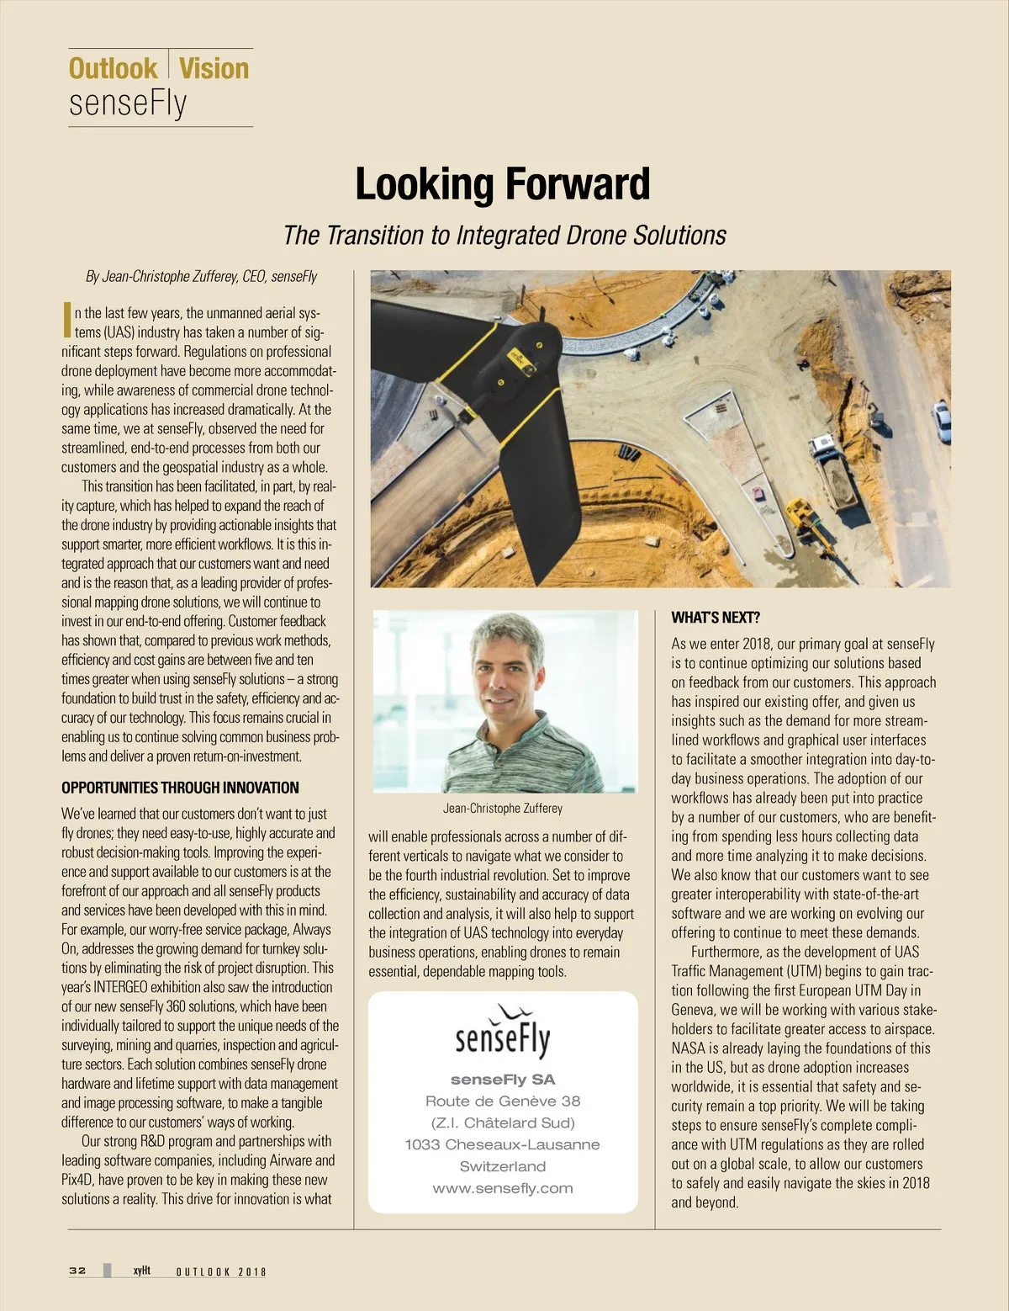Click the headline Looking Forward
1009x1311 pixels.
click(503, 184)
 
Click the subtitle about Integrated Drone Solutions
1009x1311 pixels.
click(504, 235)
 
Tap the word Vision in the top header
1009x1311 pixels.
click(214, 68)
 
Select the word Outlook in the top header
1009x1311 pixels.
click(113, 68)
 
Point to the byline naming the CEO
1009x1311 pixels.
click(202, 276)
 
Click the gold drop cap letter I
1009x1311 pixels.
click(66, 317)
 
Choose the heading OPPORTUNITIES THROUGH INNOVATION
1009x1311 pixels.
click(180, 788)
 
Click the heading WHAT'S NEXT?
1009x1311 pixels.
click(716, 618)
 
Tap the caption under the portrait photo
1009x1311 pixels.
click(503, 808)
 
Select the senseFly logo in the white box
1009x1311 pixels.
click(503, 1032)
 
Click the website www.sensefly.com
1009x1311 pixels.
click(503, 1188)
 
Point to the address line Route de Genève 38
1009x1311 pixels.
click(503, 1101)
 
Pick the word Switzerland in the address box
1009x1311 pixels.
click(503, 1166)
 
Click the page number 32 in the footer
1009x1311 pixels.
click(77, 1271)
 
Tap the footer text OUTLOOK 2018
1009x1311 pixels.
click(221, 1271)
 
